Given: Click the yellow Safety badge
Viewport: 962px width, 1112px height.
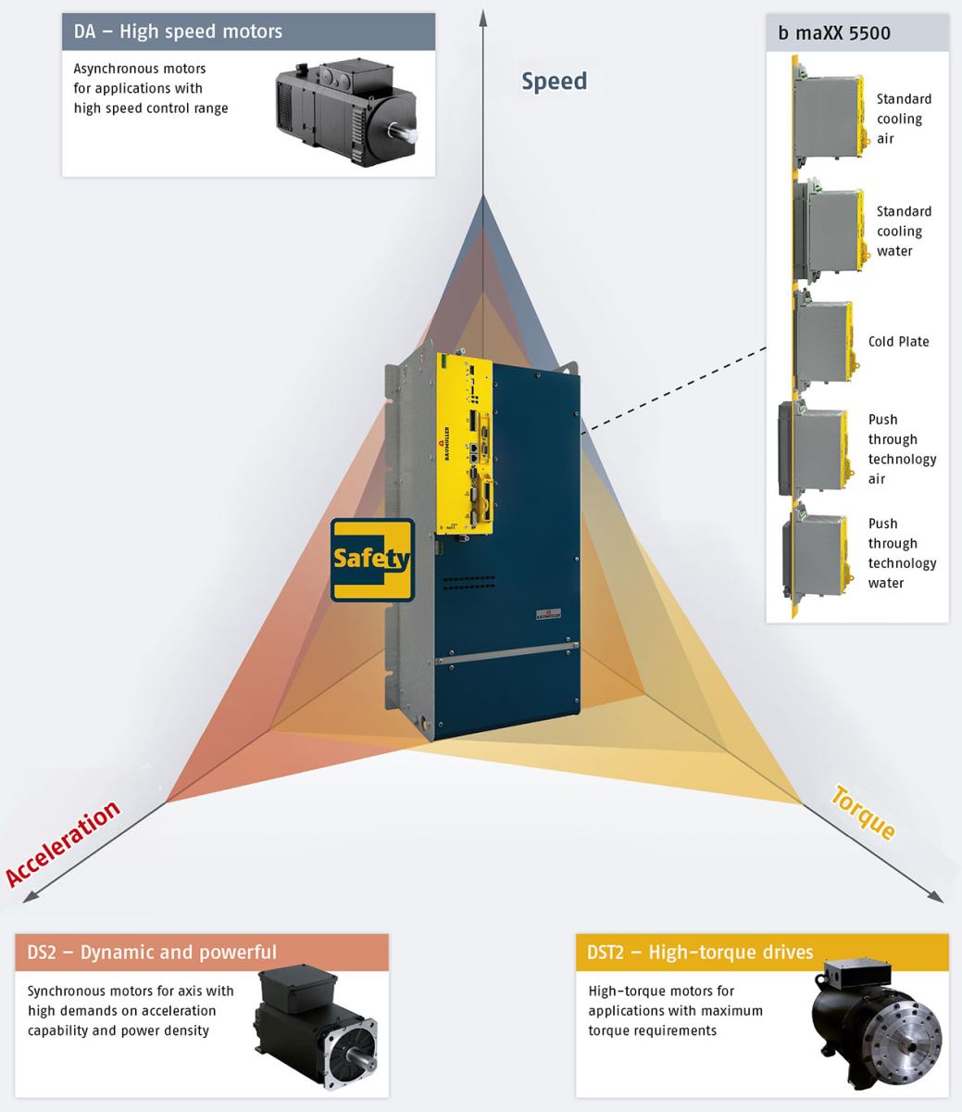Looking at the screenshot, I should pyautogui.click(x=372, y=560).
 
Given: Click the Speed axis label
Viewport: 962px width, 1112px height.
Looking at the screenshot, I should pyautogui.click(x=554, y=82).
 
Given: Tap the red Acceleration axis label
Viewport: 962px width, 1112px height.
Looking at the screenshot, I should pyautogui.click(x=63, y=843).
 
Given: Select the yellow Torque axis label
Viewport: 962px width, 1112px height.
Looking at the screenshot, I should pyautogui.click(x=863, y=812).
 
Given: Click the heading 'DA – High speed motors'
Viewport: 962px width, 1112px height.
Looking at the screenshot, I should pyautogui.click(x=178, y=32).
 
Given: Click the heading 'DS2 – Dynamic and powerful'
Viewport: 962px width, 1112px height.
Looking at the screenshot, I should pyautogui.click(x=152, y=953).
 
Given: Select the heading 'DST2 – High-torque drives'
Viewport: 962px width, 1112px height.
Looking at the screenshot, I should pyautogui.click(x=700, y=953).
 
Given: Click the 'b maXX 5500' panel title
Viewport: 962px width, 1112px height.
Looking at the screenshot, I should pyautogui.click(x=833, y=33).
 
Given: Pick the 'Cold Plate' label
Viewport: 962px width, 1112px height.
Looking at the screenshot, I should pyautogui.click(x=898, y=342).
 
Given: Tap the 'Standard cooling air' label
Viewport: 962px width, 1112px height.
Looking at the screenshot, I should pyautogui.click(x=903, y=119).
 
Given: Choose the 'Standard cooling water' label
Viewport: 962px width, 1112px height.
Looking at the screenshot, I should pyautogui.click(x=903, y=232).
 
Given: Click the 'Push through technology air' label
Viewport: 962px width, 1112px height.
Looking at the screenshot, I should pyautogui.click(x=901, y=449).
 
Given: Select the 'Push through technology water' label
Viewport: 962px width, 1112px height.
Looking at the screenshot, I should pyautogui.click(x=901, y=553).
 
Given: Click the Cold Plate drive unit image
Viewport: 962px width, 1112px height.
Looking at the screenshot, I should pyautogui.click(x=822, y=342).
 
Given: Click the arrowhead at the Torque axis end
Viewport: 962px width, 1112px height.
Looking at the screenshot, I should pyautogui.click(x=935, y=897).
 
